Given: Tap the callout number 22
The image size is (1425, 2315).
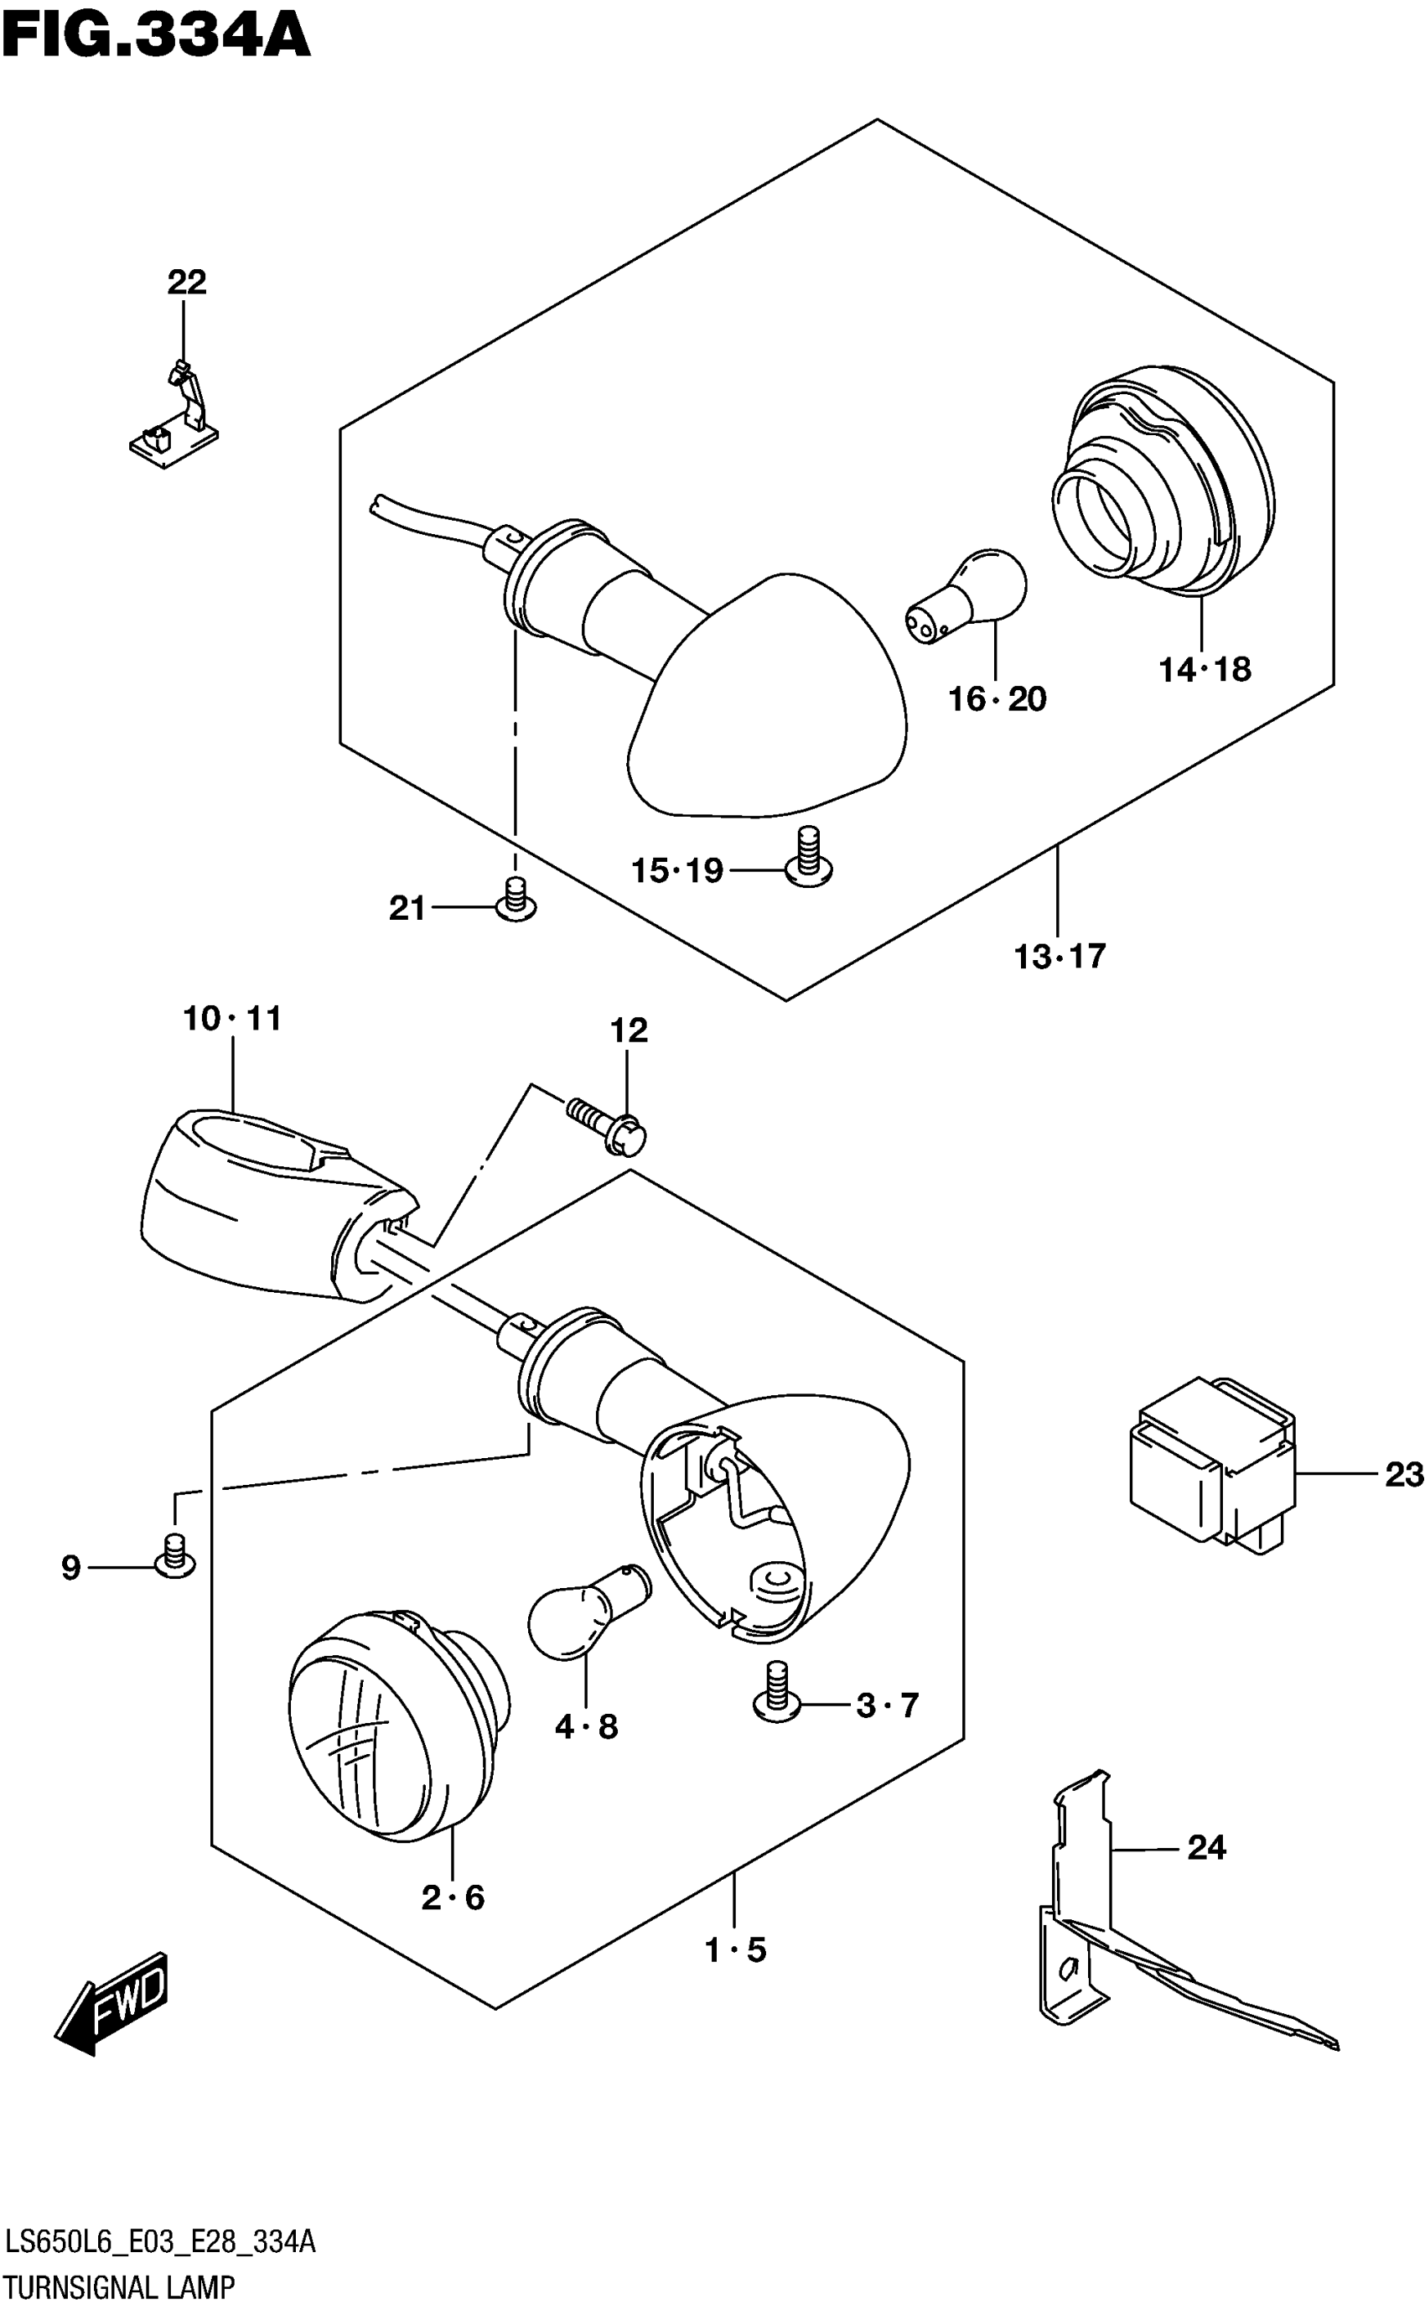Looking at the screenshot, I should [187, 282].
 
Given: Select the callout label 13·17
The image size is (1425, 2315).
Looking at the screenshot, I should [1059, 957].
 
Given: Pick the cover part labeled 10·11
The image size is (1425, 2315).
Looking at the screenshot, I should [273, 1202].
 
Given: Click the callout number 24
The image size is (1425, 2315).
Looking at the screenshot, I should [1206, 1847].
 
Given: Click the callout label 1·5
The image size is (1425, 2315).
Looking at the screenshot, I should [736, 1949].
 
